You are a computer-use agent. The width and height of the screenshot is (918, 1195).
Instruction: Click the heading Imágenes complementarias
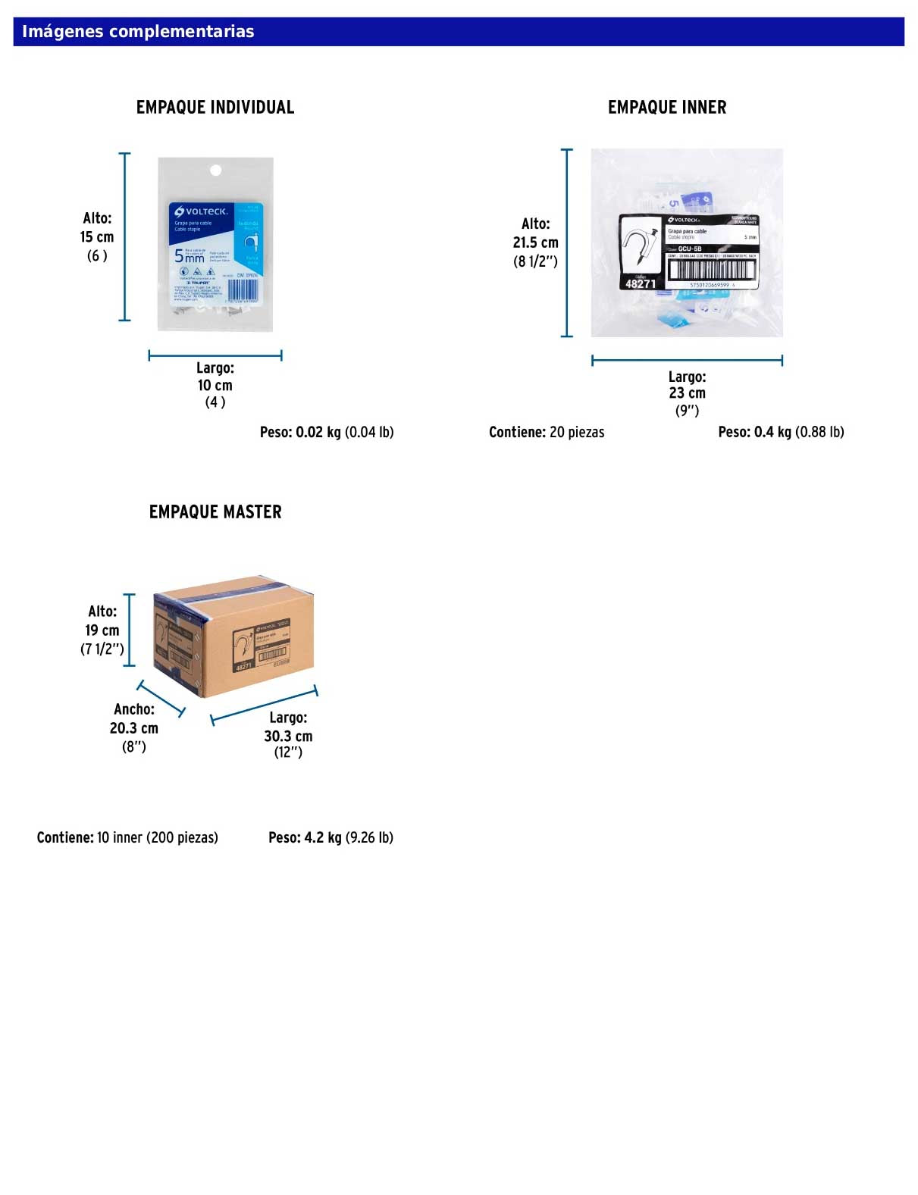[x=138, y=32]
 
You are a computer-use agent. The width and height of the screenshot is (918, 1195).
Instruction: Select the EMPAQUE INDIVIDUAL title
[x=215, y=108]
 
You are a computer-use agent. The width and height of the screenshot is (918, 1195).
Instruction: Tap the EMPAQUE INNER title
[x=667, y=108]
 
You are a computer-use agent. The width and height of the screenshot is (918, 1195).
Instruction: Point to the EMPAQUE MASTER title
[x=215, y=512]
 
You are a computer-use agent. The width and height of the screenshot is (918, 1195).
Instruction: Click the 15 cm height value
[x=97, y=237]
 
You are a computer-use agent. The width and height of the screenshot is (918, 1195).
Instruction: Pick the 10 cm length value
[x=215, y=385]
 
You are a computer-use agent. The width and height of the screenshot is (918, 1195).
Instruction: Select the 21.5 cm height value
[x=535, y=242]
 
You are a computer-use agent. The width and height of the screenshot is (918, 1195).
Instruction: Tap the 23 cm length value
[x=687, y=393]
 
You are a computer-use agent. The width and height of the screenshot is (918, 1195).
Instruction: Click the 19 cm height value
[x=102, y=630]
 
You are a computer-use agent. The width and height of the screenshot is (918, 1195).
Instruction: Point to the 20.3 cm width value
[x=134, y=728]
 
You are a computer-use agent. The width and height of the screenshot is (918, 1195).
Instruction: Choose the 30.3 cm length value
[x=288, y=736]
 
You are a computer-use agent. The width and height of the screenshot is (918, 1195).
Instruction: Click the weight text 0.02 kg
[x=318, y=432]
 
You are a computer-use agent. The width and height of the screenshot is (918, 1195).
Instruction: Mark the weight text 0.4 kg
[x=773, y=432]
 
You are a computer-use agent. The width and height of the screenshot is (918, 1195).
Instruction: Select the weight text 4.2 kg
[x=323, y=837]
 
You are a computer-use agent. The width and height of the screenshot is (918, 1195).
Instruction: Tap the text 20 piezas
[x=577, y=432]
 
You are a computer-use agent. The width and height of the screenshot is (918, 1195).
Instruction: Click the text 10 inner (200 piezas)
[x=158, y=837]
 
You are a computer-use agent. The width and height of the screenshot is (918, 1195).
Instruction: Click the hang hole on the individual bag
[x=215, y=170]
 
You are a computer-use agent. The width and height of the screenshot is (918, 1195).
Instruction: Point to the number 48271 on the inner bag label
[x=641, y=283]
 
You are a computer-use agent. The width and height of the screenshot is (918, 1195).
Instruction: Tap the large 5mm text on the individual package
[x=189, y=256]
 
